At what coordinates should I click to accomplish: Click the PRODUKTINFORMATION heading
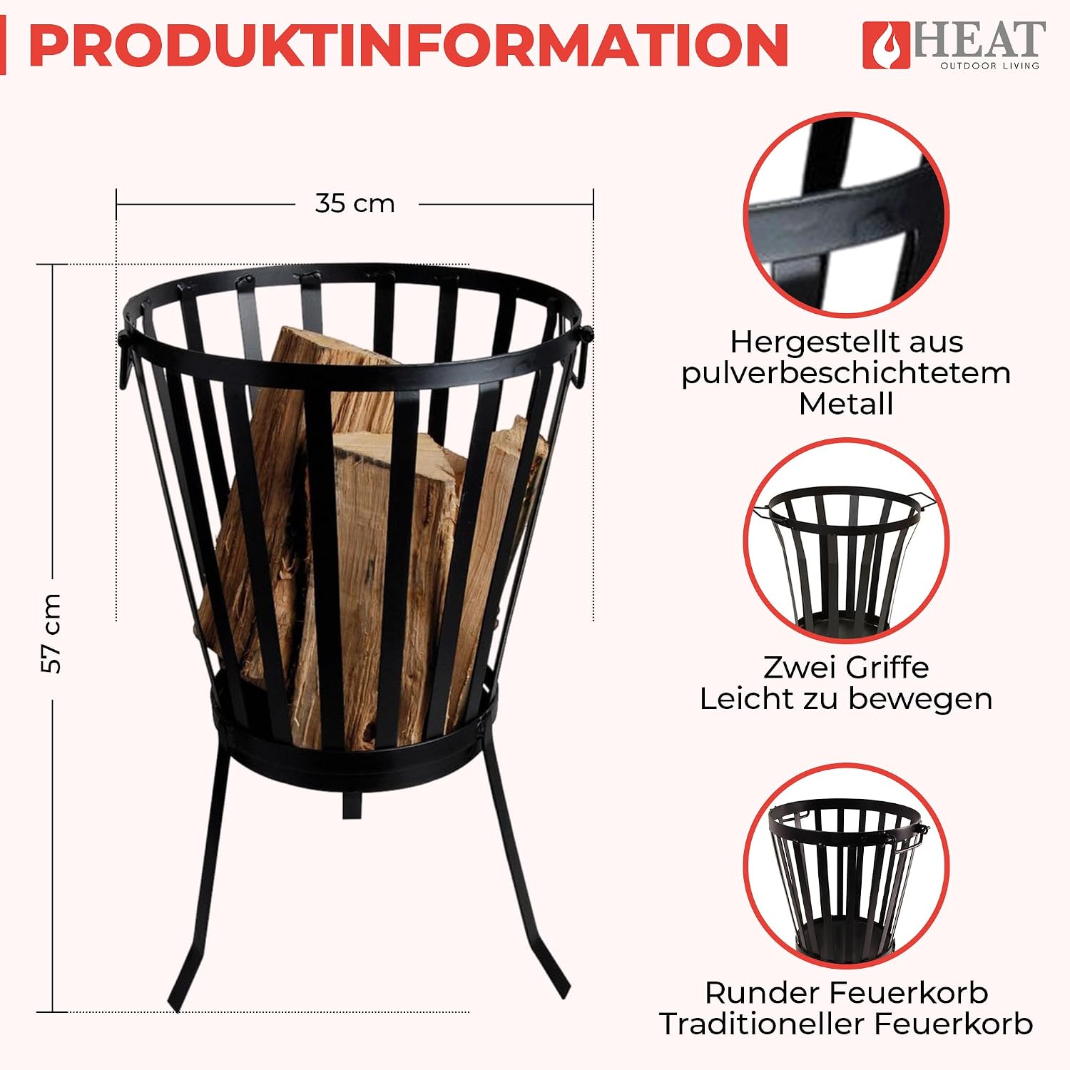[x=408, y=45]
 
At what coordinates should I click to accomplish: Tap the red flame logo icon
[x=886, y=46]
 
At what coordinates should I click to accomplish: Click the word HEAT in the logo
[x=979, y=40]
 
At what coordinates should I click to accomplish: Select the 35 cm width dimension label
[x=355, y=203]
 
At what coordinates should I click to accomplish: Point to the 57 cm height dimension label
[x=51, y=633]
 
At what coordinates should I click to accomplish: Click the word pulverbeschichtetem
[x=846, y=373]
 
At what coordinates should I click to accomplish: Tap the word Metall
[x=846, y=404]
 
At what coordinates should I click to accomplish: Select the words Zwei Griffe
[x=846, y=668]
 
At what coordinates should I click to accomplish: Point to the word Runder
[x=760, y=993]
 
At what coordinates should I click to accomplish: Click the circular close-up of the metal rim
[x=847, y=214]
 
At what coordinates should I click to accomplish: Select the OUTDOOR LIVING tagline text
[x=989, y=66]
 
